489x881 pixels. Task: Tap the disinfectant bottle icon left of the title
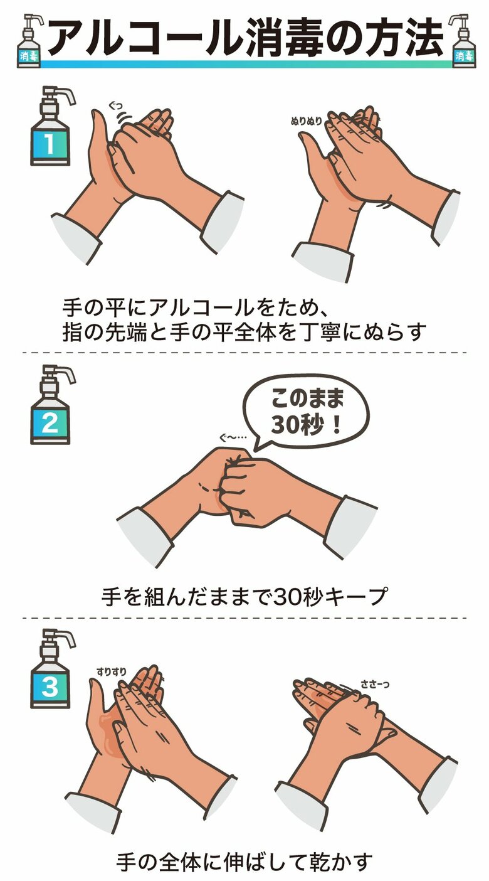(29, 41)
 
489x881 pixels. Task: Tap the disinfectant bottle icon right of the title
(463, 41)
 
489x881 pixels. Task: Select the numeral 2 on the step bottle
(50, 423)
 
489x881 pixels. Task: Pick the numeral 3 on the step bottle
(50, 686)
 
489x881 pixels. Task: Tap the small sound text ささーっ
(375, 685)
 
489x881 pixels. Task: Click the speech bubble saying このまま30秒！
(306, 412)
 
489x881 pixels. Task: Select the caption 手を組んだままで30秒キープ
(244, 596)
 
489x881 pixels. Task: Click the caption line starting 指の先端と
(244, 331)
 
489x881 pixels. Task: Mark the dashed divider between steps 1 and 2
(244, 353)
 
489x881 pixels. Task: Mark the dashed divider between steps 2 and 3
(244, 618)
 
